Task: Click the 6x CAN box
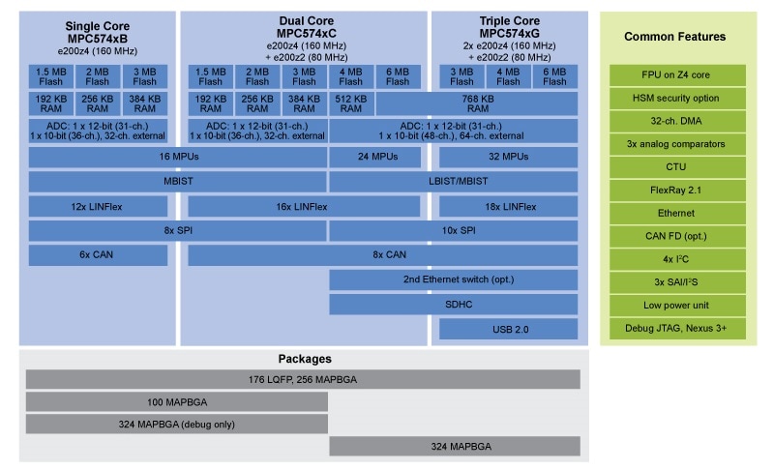pyautogui.click(x=98, y=255)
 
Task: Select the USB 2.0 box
pyautogui.click(x=508, y=330)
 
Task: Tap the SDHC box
pyautogui.click(x=453, y=305)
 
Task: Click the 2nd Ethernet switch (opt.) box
pyautogui.click(x=453, y=280)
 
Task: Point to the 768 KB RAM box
pyautogui.click(x=476, y=103)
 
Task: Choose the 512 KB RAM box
pyautogui.click(x=350, y=103)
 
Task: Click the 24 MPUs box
pyautogui.click(x=350, y=156)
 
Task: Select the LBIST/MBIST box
pyautogui.click(x=453, y=181)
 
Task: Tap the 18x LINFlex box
pyautogui.click(x=508, y=206)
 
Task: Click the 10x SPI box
pyautogui.click(x=453, y=231)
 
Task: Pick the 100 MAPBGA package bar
pyautogui.click(x=176, y=401)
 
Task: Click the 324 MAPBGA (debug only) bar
pyautogui.click(x=176, y=424)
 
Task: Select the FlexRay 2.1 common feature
pyautogui.click(x=674, y=191)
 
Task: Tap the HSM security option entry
pyautogui.click(x=674, y=98)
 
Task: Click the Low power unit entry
pyautogui.click(x=674, y=306)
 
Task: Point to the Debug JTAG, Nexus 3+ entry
pyautogui.click(x=674, y=329)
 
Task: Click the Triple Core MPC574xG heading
pyautogui.click(x=508, y=26)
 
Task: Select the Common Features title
pyautogui.click(x=674, y=37)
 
